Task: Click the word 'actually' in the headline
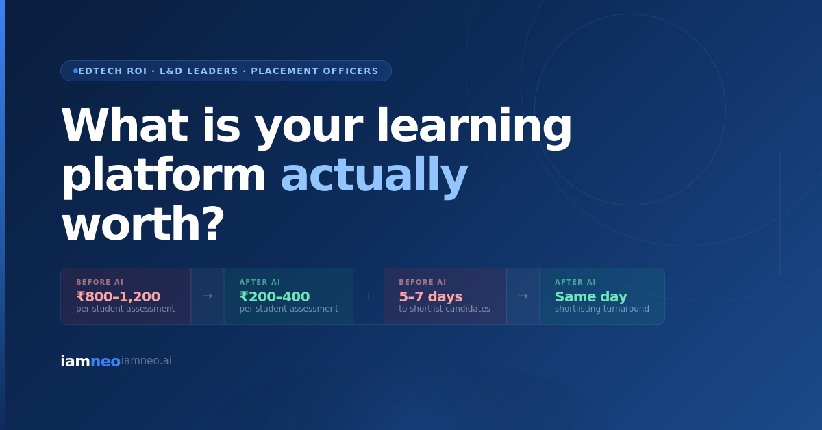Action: click(x=374, y=177)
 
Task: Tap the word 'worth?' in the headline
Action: click(x=143, y=224)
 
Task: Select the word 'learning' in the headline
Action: click(x=474, y=127)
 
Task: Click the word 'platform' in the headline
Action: click(x=164, y=177)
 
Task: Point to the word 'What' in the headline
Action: click(x=125, y=125)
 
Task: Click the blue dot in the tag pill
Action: click(x=75, y=71)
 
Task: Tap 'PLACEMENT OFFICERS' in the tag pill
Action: click(x=314, y=71)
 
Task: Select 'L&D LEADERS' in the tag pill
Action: click(x=199, y=71)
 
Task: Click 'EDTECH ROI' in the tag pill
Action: click(x=112, y=71)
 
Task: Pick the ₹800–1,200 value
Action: click(x=118, y=296)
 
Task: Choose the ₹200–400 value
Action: click(x=275, y=296)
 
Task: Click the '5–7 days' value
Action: click(x=430, y=296)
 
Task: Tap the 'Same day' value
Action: click(x=590, y=296)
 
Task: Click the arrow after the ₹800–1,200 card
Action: click(x=208, y=296)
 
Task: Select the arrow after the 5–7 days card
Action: click(x=523, y=296)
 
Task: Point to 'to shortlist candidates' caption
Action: click(x=445, y=309)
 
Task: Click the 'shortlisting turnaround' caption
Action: click(x=602, y=309)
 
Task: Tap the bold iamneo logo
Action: click(x=90, y=362)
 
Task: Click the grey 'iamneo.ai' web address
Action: click(x=147, y=361)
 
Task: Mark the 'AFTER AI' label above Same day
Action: click(x=575, y=282)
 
